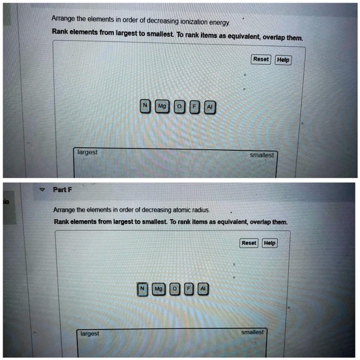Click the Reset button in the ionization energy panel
[261, 60]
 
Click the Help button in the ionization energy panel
[283, 60]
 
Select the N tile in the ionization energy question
[145, 106]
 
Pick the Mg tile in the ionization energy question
[162, 106]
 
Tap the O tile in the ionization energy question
[179, 106]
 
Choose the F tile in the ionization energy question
[194, 106]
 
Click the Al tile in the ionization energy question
[209, 106]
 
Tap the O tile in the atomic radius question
[175, 289]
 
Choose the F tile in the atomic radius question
[189, 289]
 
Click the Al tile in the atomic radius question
[203, 289]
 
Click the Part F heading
[62, 190]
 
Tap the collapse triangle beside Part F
[42, 190]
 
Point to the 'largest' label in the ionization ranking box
[87, 152]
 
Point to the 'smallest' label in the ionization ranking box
[262, 155]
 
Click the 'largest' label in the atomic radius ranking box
[89, 334]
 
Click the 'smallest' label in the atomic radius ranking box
[252, 332]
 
